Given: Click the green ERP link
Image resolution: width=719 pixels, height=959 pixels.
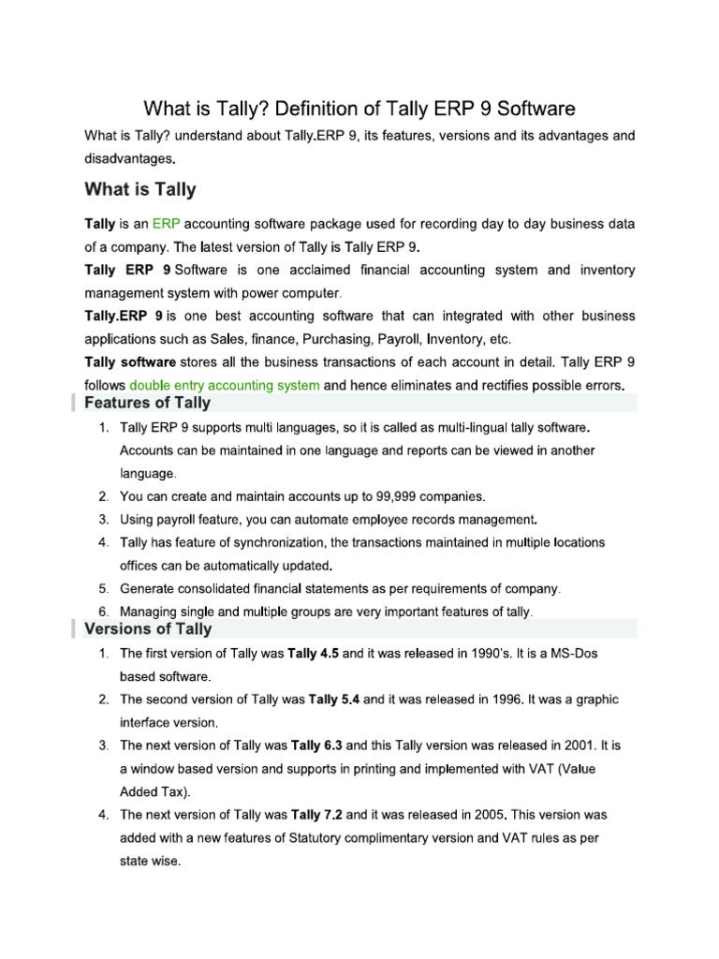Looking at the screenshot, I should (x=166, y=225).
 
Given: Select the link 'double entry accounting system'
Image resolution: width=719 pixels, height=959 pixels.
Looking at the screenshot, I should (x=225, y=385).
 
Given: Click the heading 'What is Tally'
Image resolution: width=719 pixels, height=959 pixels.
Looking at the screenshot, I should (x=140, y=190).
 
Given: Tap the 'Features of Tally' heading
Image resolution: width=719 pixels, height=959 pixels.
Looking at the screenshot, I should (x=148, y=404).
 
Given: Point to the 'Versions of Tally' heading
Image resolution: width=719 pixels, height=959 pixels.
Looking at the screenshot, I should (x=148, y=629).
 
